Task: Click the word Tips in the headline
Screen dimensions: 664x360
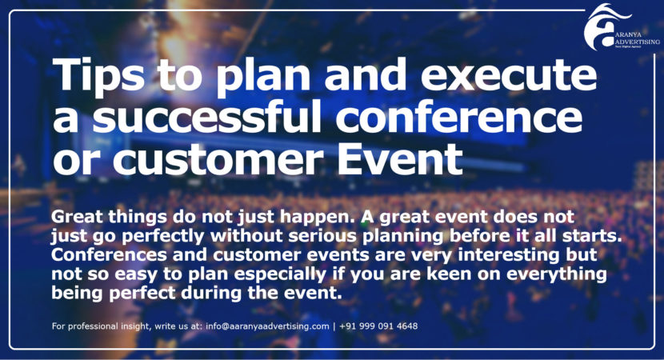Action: pyautogui.click(x=98, y=75)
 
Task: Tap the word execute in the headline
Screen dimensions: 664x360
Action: pyautogui.click(x=509, y=74)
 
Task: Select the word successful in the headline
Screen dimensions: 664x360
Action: pyautogui.click(x=206, y=117)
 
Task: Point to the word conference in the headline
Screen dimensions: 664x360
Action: pyautogui.click(x=459, y=117)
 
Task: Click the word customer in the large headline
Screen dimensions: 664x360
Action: pyautogui.click(x=218, y=160)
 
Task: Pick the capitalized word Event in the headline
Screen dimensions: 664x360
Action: pyautogui.click(x=399, y=159)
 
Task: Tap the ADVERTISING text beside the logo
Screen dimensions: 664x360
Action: pyautogui.click(x=637, y=42)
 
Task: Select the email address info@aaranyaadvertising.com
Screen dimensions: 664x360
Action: pyautogui.click(x=267, y=326)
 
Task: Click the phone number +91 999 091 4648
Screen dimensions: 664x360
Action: pyautogui.click(x=378, y=326)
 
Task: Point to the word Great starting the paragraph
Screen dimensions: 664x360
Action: pyautogui.click(x=77, y=217)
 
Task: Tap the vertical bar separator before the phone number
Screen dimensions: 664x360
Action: pyautogui.click(x=334, y=326)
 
